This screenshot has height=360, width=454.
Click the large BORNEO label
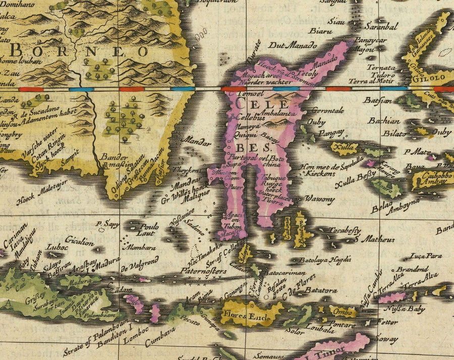[x=79, y=51]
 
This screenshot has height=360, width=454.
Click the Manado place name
[x=324, y=65]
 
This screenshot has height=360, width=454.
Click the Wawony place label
[x=320, y=199]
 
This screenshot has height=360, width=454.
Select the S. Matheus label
[x=374, y=239]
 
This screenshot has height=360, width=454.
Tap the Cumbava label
[x=160, y=336]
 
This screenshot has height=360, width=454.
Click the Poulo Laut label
[x=147, y=229]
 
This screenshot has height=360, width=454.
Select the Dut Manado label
[x=289, y=45]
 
